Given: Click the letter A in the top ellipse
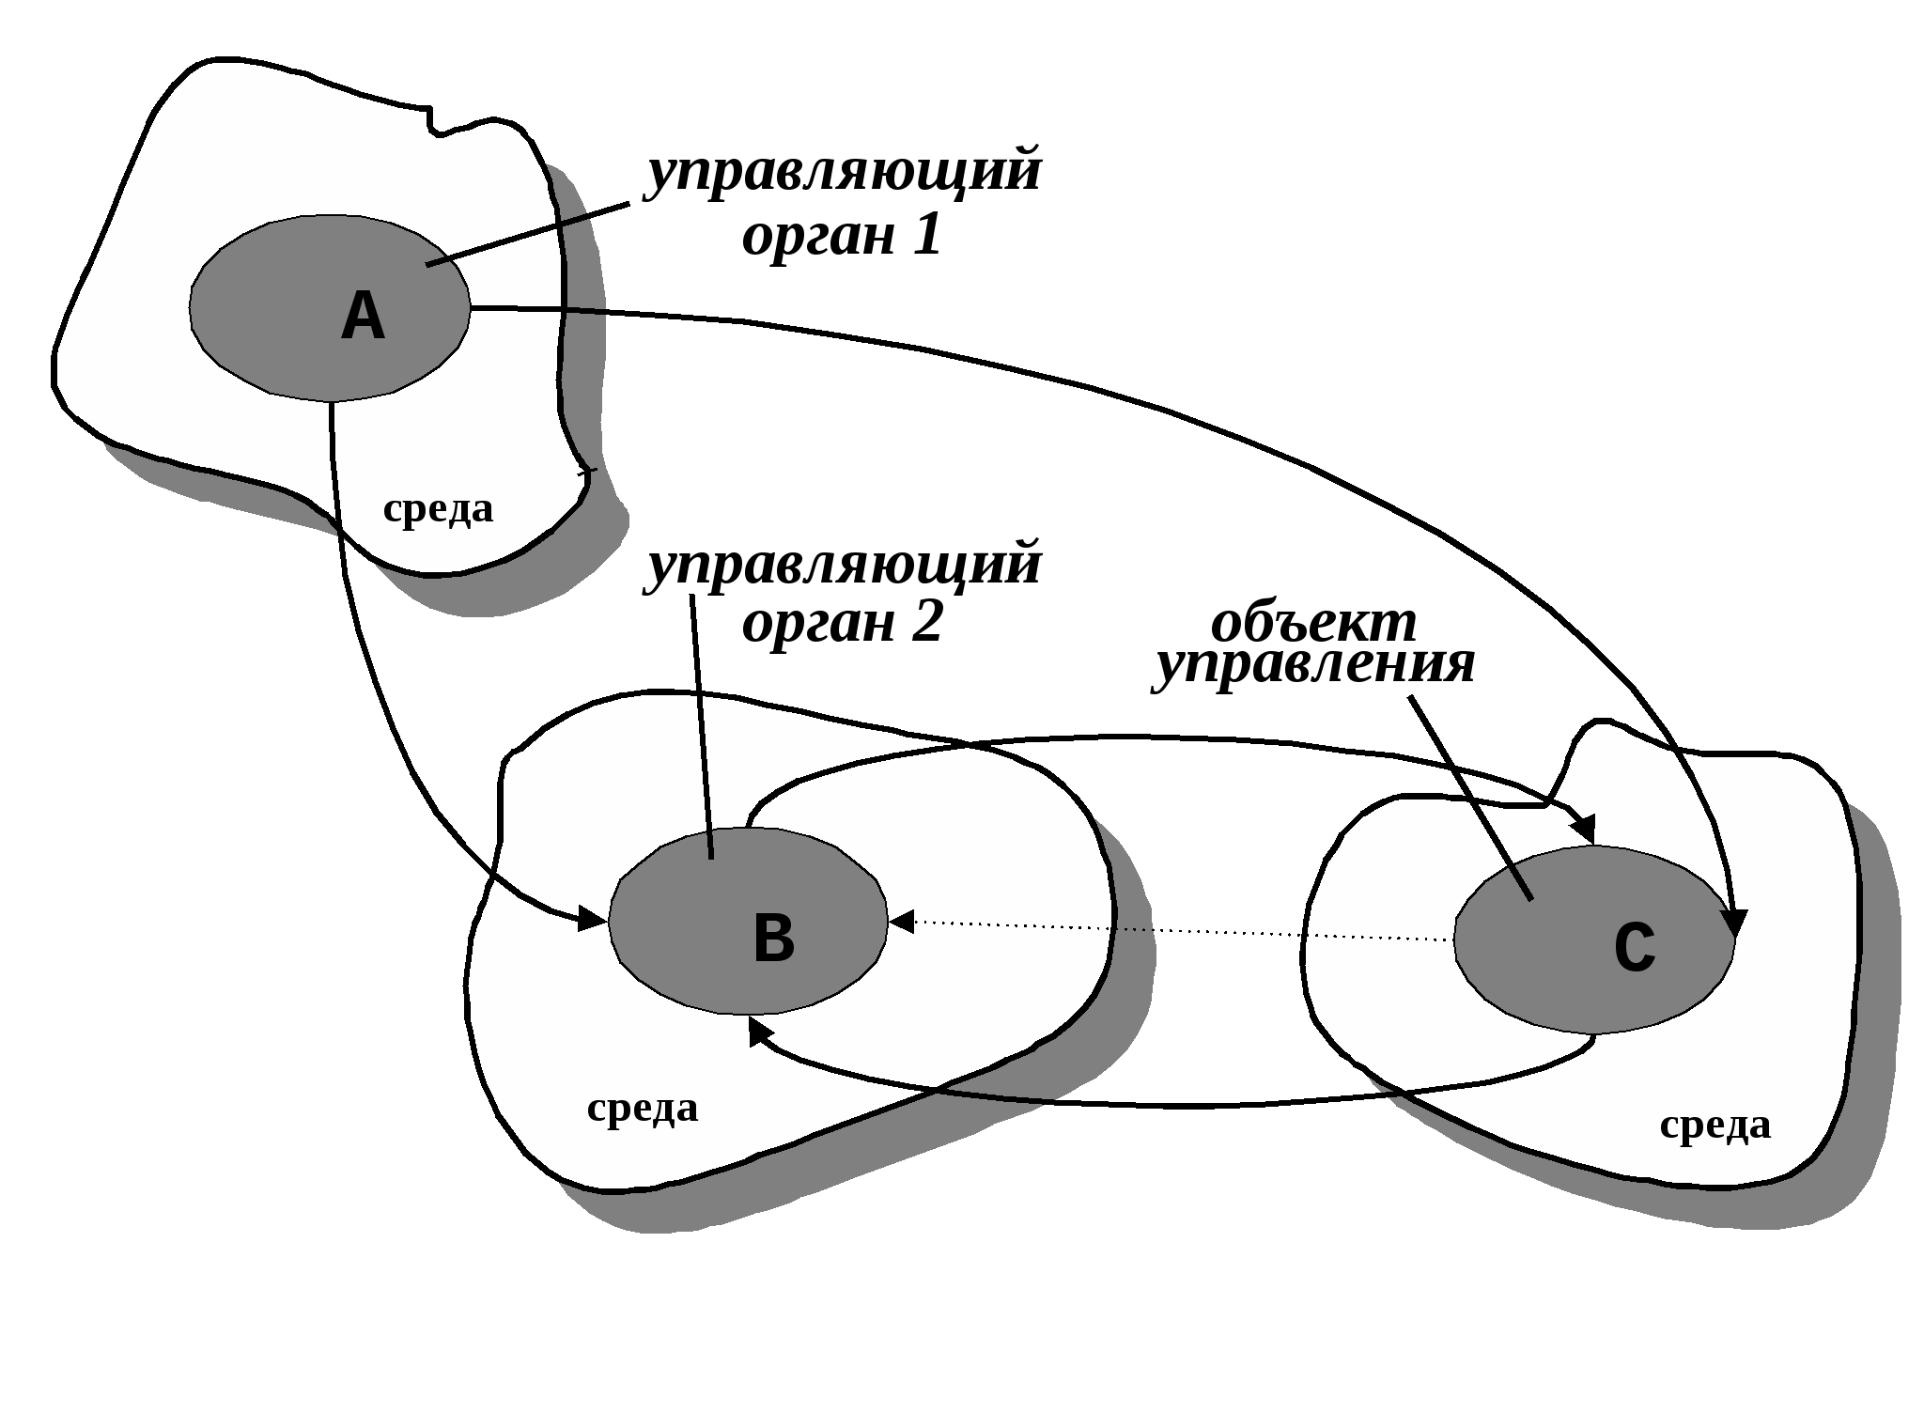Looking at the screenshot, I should [x=363, y=316].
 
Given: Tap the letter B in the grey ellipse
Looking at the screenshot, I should [x=773, y=938].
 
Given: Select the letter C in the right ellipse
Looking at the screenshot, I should [x=1635, y=946].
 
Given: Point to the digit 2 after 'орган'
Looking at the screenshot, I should [x=925, y=622].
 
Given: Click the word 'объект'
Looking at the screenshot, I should [x=1313, y=622].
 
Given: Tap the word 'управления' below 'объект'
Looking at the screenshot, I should [x=1313, y=665].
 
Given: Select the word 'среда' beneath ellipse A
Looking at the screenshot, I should [x=438, y=509].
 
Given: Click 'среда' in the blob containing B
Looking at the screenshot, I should [x=643, y=1108].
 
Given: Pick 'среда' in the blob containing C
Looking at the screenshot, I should [x=1715, y=1125].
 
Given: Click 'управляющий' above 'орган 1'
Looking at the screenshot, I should [x=844, y=173].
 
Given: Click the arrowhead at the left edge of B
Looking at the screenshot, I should [x=592, y=918].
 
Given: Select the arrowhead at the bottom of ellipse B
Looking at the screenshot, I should [x=757, y=1031].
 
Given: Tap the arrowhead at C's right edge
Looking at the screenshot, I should [x=1737, y=922].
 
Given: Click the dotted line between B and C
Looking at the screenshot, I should [x=1174, y=930].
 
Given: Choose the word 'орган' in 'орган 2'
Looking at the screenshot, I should [x=819, y=624].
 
